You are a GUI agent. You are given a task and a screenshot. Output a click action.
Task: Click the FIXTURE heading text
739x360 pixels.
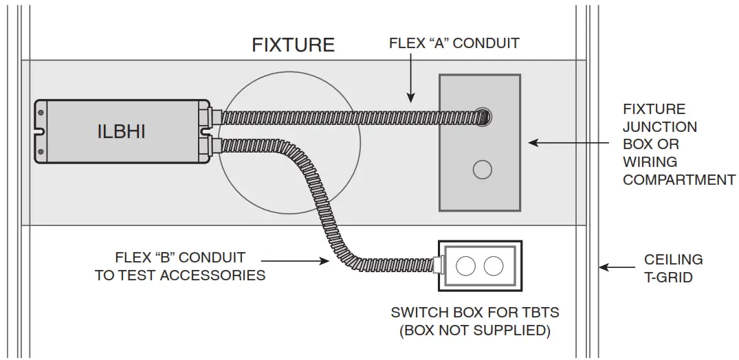[x=293, y=45]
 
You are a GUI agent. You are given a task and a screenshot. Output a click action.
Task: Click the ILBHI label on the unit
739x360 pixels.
[x=121, y=131]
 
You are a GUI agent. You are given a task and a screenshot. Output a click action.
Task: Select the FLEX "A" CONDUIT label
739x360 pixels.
[x=454, y=43]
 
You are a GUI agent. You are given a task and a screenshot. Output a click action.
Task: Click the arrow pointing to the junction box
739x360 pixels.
[x=553, y=143]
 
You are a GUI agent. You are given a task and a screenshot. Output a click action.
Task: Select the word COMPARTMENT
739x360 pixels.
[x=679, y=180]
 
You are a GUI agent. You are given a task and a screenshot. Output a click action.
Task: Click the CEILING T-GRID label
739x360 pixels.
[x=673, y=268]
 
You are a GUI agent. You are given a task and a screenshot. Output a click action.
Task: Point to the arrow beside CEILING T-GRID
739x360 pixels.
[x=617, y=267]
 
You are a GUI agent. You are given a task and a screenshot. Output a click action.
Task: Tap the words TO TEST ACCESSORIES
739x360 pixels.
[x=180, y=275]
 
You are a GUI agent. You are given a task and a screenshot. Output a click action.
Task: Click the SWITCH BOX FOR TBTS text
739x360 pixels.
[x=475, y=313]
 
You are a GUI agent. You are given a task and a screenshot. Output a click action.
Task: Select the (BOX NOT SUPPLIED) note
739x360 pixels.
[x=475, y=330]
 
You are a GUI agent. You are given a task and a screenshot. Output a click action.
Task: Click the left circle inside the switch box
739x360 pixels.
[x=466, y=266]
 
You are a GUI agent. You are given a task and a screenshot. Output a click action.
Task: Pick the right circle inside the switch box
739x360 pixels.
[x=493, y=266]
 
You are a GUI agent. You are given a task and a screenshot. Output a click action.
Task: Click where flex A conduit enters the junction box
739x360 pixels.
[x=483, y=116]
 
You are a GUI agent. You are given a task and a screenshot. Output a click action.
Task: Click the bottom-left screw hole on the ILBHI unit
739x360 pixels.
[x=41, y=151]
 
